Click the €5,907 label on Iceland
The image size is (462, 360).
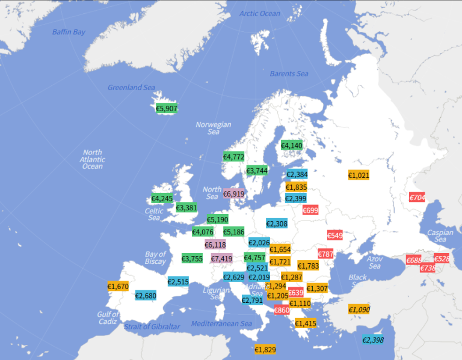[167, 109]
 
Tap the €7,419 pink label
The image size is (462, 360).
[221, 258]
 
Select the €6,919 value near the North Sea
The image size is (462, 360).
[233, 194]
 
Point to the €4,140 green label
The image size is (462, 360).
[292, 145]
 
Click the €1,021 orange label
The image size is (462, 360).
[359, 175]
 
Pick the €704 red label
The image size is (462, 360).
[417, 197]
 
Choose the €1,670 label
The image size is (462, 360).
[118, 287]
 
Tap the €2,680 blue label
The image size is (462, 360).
[146, 295]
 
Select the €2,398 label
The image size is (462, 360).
[373, 340]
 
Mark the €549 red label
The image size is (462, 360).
[335, 235]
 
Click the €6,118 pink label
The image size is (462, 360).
[215, 245]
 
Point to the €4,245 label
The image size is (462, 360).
[162, 198]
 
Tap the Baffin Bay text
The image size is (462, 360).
[69, 32]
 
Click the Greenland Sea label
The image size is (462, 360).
[131, 88]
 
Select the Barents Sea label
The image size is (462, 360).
[289, 74]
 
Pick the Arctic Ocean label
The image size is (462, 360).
[260, 14]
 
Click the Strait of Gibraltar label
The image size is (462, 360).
[152, 326]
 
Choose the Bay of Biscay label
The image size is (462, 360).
[155, 258]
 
